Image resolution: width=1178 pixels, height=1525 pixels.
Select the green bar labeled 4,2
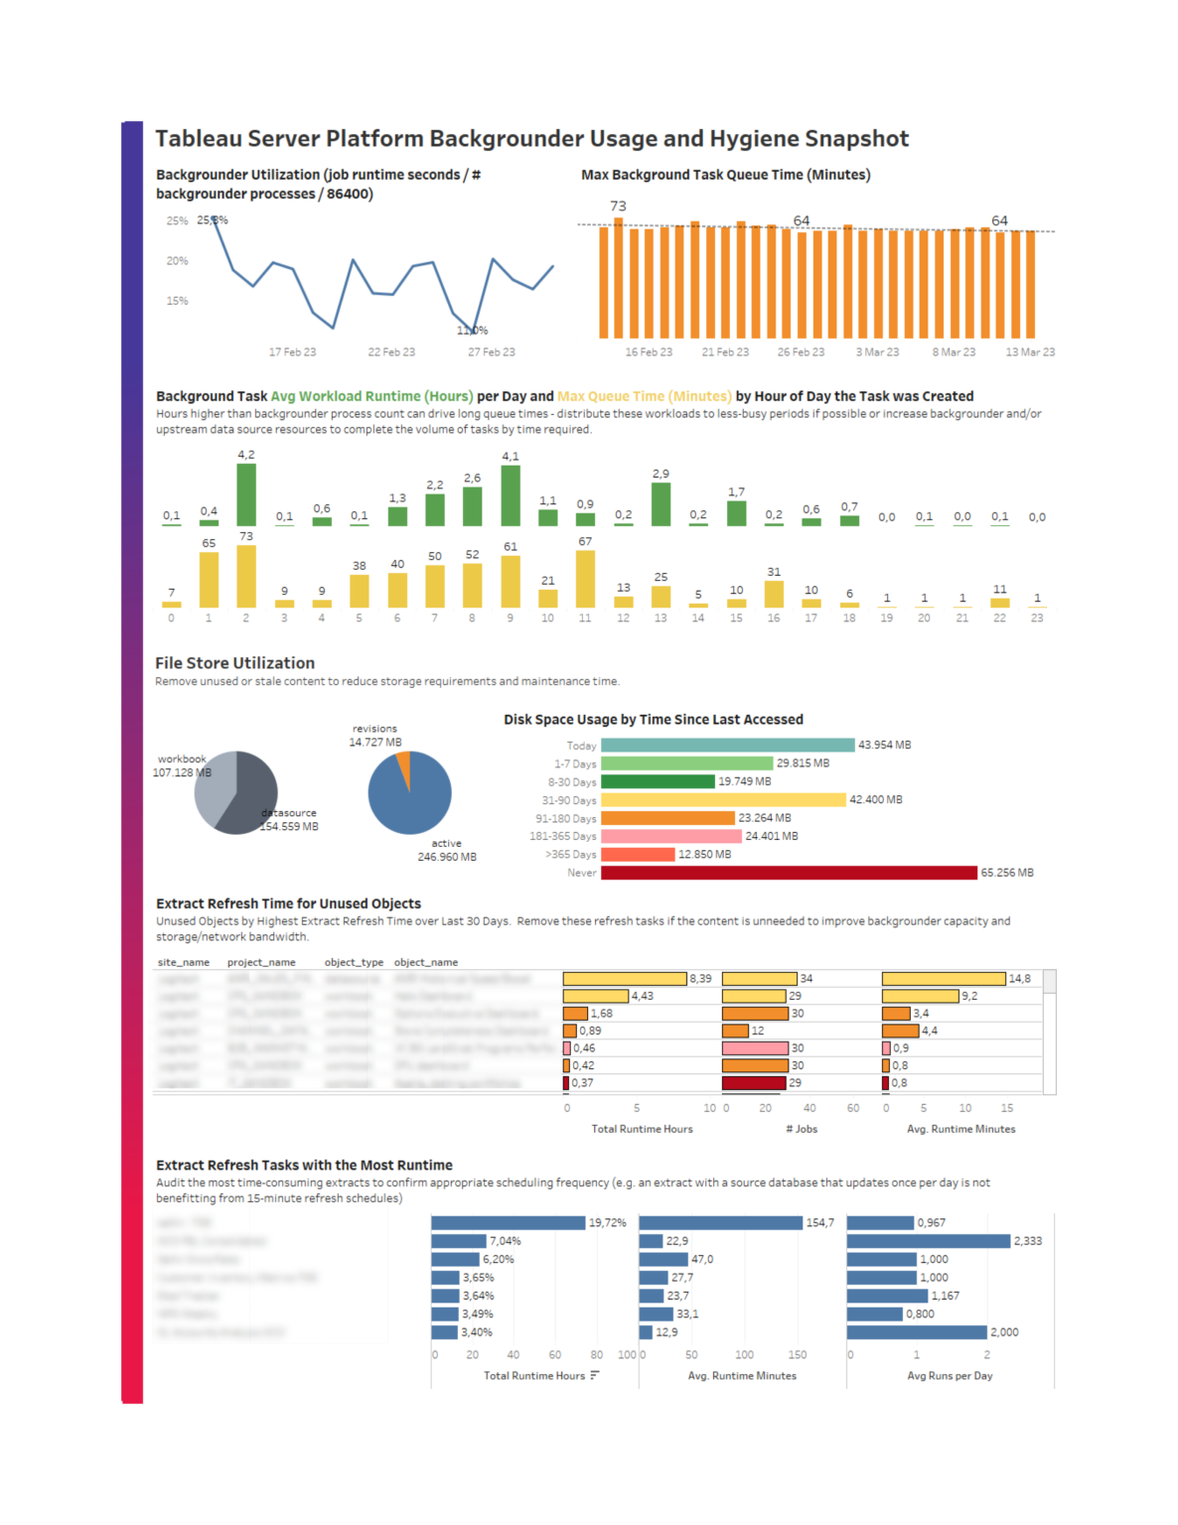(x=246, y=494)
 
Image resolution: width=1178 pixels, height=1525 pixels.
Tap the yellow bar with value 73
(x=246, y=576)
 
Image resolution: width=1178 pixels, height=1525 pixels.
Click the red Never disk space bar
(x=789, y=873)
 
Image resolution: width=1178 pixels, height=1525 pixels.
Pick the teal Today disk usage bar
(x=727, y=745)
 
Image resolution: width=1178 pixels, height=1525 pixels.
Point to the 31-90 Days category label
(x=569, y=800)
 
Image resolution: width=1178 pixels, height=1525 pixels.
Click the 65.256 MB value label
(x=1007, y=873)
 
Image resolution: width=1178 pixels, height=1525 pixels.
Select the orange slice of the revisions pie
(x=404, y=765)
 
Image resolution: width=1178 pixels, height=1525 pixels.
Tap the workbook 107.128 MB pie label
(x=182, y=765)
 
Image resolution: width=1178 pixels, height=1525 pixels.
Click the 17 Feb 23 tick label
(x=292, y=351)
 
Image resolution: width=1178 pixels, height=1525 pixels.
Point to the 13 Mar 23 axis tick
(x=1030, y=351)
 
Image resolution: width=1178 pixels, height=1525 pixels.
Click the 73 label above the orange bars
(x=618, y=206)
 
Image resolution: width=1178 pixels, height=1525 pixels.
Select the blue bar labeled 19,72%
(x=508, y=1223)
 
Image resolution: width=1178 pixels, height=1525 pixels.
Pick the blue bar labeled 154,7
(x=720, y=1223)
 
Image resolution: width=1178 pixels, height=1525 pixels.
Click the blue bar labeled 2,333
(x=928, y=1241)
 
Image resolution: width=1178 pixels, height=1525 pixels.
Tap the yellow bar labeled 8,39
(x=625, y=979)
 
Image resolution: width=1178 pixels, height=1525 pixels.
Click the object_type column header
(x=354, y=962)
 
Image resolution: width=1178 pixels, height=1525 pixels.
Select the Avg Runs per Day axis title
(x=950, y=1376)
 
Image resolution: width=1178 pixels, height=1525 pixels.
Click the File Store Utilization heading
(x=234, y=663)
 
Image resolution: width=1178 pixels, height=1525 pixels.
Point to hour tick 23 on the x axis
(x=1037, y=618)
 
